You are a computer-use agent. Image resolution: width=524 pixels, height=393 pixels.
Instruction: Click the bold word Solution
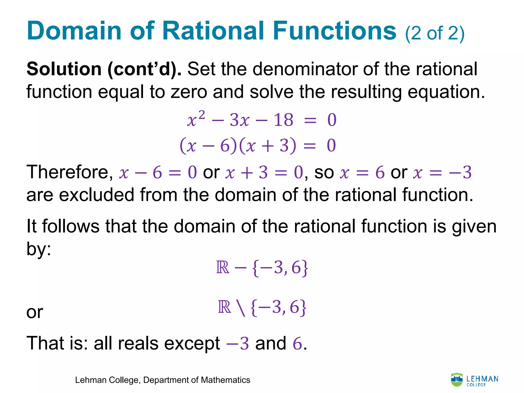pyautogui.click(x=64, y=69)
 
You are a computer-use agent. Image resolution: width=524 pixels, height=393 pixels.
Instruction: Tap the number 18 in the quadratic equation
pyautogui.click(x=283, y=120)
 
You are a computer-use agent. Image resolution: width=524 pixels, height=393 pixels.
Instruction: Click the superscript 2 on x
pyautogui.click(x=202, y=115)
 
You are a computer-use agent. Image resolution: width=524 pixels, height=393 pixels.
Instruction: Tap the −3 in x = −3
pyautogui.click(x=460, y=172)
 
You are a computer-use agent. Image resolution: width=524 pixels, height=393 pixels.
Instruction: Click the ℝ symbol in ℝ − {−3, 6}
pyautogui.click(x=223, y=268)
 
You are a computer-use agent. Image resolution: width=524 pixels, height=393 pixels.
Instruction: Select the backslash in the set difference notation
pyautogui.click(x=241, y=308)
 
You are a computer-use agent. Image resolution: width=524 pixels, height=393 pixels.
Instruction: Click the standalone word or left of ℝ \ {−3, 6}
pyautogui.click(x=35, y=312)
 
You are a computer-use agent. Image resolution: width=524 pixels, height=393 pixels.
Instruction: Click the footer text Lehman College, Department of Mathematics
pyautogui.click(x=162, y=380)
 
